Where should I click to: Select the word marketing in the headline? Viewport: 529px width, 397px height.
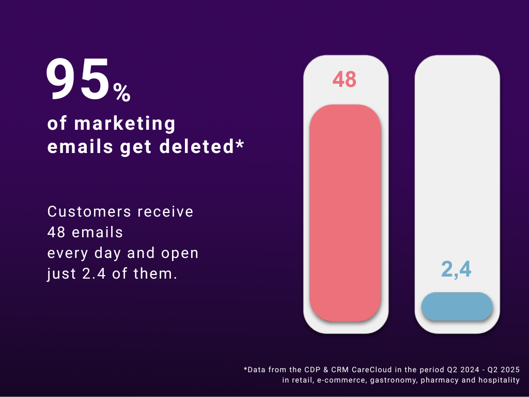coord(126,124)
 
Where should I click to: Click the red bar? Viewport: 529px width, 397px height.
coord(345,212)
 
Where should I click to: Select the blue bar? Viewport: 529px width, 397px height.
coord(457,306)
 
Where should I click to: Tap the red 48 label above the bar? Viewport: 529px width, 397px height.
coord(345,80)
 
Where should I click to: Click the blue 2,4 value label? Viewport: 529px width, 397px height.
coord(456,270)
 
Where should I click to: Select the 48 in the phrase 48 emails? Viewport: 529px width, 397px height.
coord(56,233)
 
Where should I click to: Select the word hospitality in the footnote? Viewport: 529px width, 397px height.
coord(499,380)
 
